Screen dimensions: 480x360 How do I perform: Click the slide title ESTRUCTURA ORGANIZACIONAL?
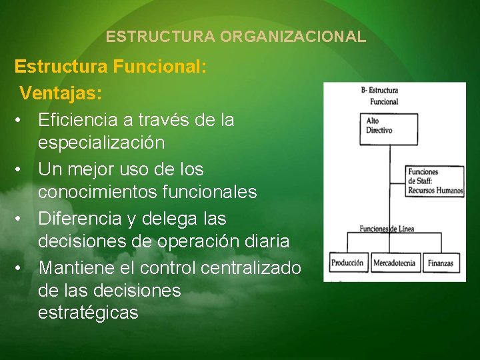(x=236, y=37)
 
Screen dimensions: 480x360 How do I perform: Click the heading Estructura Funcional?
(x=111, y=67)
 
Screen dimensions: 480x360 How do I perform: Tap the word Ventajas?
(x=61, y=93)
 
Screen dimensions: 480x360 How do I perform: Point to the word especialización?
(x=101, y=143)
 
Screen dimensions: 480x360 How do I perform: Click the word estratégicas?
(x=88, y=313)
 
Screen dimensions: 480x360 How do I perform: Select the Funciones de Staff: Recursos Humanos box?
(x=435, y=181)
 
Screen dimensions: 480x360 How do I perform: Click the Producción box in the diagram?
(x=347, y=263)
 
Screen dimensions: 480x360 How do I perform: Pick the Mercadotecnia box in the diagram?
(x=394, y=263)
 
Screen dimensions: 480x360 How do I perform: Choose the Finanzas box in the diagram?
(x=440, y=263)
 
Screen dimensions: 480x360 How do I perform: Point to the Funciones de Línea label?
(x=387, y=229)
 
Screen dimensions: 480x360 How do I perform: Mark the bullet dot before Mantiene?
(x=22, y=268)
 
